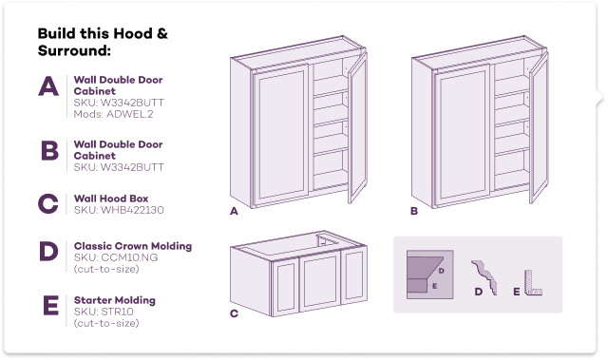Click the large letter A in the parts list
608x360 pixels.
48,85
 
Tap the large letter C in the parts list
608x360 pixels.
48,204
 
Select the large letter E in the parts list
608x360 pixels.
50,305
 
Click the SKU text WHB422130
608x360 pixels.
119,210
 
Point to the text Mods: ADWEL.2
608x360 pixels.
113,114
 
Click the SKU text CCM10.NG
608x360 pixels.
116,257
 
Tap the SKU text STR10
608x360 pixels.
104,312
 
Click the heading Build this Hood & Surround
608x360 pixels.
103,42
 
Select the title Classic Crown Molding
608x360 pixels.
133,246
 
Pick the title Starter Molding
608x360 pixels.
115,300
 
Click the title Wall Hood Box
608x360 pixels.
111,199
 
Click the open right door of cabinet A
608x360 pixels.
357,128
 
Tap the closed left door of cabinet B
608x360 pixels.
462,136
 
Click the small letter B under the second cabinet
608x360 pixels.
414,211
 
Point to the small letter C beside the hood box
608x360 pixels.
234,313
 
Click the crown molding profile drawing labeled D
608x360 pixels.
485,277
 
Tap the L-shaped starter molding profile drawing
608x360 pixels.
533,284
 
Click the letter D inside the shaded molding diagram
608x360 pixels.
441,271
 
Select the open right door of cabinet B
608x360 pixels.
539,128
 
